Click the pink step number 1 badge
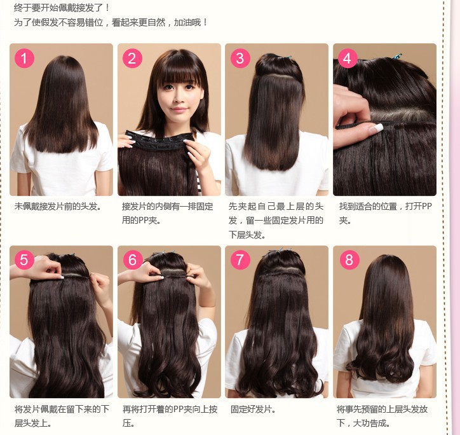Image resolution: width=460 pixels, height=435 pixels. (x=24, y=59)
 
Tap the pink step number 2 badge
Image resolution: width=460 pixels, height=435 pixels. (x=132, y=59)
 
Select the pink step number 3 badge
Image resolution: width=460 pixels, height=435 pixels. (x=240, y=59)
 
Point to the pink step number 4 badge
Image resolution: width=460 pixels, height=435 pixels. (x=347, y=59)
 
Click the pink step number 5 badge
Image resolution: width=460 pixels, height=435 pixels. (x=24, y=259)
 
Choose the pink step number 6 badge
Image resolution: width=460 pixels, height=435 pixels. (x=132, y=259)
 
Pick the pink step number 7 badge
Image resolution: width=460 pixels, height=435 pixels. (x=240, y=259)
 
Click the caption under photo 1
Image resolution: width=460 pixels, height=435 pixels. (x=58, y=207)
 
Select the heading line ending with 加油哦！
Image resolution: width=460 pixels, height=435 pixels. (x=111, y=22)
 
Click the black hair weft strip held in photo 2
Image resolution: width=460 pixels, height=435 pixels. (x=159, y=138)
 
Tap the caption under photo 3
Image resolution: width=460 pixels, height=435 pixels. (x=276, y=220)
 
